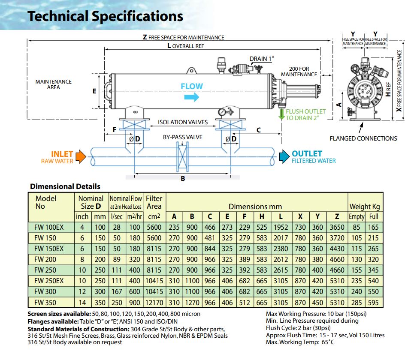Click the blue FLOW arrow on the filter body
coord(192,97)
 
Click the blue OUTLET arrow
coord(284,157)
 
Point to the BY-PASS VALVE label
coord(183,138)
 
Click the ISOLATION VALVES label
coord(183,122)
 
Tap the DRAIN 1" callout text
coord(262,59)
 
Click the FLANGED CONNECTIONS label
coord(363,138)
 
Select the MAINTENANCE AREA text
coord(54,84)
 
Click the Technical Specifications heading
coord(106,16)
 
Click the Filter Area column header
coord(154,202)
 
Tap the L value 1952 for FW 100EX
coord(281,228)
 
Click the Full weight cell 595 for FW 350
coord(373,303)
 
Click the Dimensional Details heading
coord(65,186)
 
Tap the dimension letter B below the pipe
coord(183,179)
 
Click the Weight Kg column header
coord(365,207)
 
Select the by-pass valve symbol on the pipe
coord(183,157)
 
